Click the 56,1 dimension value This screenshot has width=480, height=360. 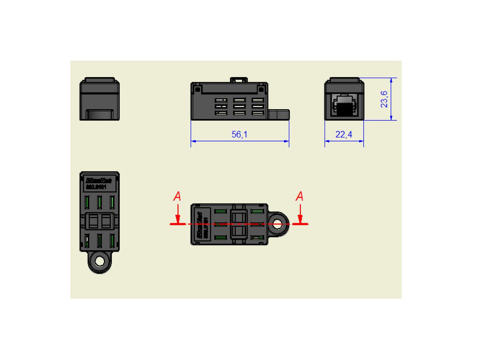[240, 135]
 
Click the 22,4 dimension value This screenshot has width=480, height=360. [344, 135]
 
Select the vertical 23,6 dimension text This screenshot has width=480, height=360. [384, 99]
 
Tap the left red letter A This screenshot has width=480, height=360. [177, 196]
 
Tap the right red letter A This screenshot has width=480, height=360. [299, 196]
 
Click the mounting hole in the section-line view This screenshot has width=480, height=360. [276, 224]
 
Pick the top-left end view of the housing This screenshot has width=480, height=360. [100, 99]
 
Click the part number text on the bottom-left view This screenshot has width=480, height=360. [96, 187]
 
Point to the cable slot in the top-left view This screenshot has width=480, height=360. [100, 114]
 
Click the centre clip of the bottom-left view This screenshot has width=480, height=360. [100, 220]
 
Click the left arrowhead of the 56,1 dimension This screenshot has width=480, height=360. [193, 141]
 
